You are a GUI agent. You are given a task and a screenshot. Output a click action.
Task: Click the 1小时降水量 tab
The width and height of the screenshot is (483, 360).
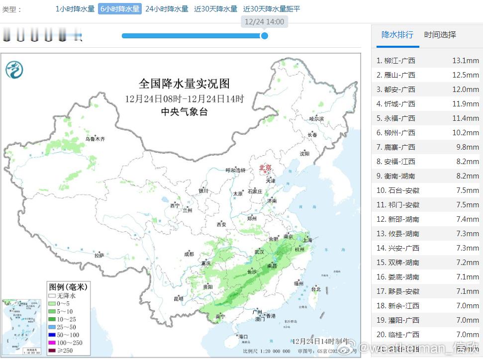[75, 9]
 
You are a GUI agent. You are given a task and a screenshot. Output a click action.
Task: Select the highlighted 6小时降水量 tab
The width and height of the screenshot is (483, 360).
[120, 9]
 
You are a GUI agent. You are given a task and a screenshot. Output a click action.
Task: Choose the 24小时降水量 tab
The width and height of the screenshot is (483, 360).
[167, 9]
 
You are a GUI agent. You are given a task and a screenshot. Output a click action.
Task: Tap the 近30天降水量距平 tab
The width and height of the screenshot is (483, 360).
[272, 9]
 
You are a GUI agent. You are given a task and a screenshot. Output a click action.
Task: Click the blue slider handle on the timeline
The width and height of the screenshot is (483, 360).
[265, 36]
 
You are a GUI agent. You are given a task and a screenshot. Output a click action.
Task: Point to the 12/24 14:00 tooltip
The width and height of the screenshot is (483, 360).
[265, 22]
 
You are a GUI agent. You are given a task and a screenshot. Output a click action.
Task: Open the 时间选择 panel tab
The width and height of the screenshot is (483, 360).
[440, 35]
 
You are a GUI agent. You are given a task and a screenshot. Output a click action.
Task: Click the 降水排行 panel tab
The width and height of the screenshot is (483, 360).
[397, 35]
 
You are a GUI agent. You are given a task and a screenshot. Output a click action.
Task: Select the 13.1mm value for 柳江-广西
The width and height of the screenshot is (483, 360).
[465, 61]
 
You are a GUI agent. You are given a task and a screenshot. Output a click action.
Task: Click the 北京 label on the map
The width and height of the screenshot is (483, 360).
[266, 168]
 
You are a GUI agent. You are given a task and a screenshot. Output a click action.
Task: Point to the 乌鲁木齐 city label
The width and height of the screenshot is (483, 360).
[95, 139]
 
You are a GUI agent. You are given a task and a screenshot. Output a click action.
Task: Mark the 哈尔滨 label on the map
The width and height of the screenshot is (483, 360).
[316, 119]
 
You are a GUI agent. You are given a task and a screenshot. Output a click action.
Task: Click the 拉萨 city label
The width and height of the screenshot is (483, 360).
[99, 256]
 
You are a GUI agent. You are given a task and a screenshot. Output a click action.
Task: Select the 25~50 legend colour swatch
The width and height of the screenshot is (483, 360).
[51, 327]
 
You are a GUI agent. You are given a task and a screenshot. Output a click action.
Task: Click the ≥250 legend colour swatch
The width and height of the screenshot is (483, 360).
[51, 351]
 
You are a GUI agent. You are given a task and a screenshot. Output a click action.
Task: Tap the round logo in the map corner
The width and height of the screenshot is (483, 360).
[14, 69]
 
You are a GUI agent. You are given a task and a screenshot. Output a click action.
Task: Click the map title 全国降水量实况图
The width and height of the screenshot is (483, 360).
[184, 84]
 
